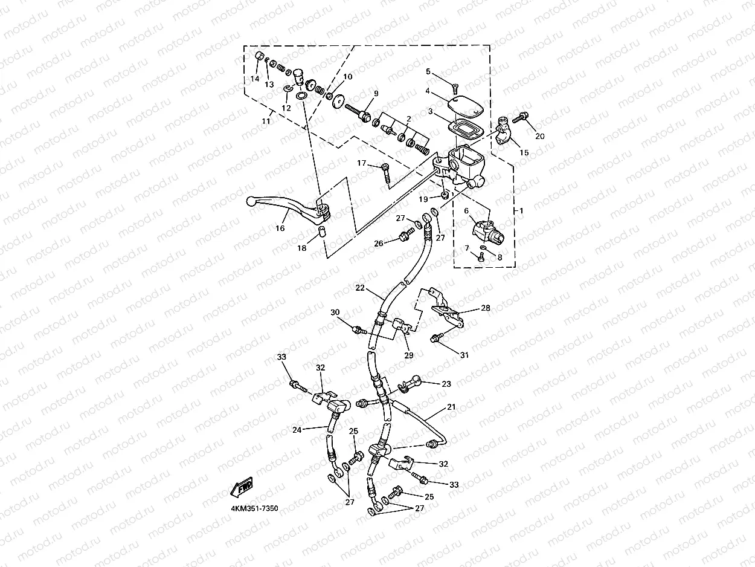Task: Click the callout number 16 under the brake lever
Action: [280, 228]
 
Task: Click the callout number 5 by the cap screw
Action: [428, 72]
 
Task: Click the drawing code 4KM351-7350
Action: [254, 509]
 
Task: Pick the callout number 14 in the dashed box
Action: [254, 79]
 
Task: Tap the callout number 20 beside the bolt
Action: [539, 136]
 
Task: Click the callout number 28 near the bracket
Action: [485, 308]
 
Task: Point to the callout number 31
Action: [464, 355]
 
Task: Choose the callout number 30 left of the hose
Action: [335, 312]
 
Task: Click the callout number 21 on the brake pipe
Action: [451, 407]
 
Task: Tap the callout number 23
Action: [446, 383]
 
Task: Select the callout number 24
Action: [297, 430]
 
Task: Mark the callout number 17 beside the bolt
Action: [361, 163]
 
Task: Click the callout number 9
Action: [376, 94]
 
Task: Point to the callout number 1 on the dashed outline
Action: [521, 210]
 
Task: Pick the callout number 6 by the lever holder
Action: [466, 210]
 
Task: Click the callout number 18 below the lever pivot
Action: [302, 248]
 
